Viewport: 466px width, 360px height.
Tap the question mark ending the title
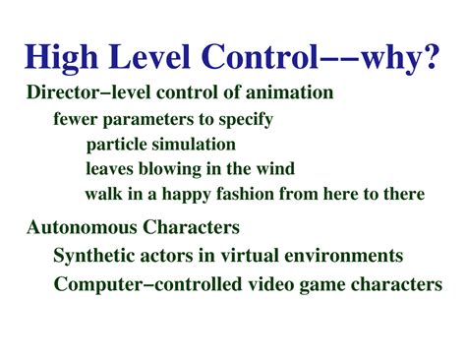(x=431, y=57)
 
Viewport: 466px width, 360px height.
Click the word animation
(x=293, y=94)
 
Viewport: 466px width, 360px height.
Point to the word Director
(x=59, y=94)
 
